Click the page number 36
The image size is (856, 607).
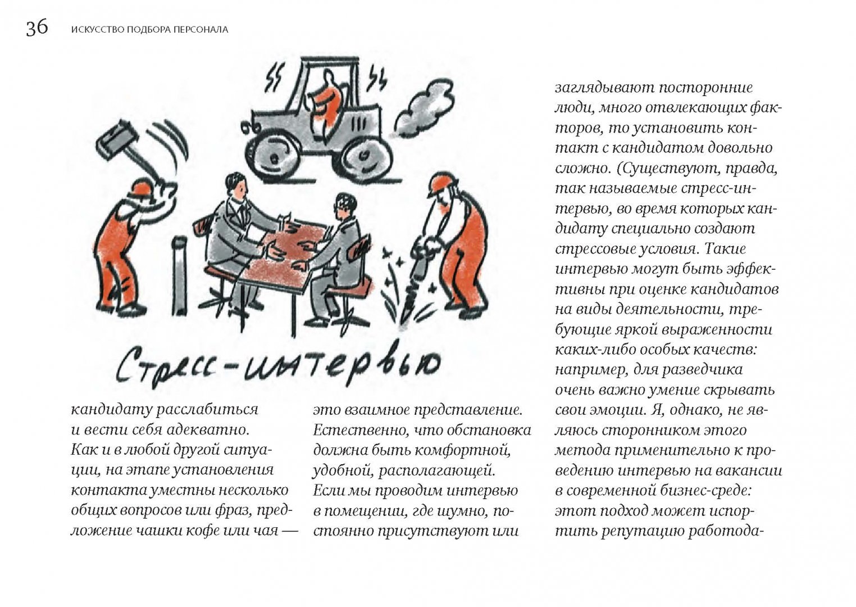[x=37, y=28]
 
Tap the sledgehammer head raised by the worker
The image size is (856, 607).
[x=118, y=136]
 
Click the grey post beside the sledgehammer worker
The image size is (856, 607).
[x=180, y=275]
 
